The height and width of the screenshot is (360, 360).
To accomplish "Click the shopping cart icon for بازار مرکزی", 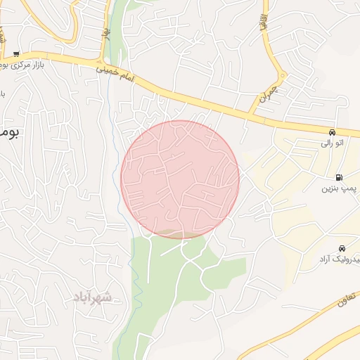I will pos(16,53).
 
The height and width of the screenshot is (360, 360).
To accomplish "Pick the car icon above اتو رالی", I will pos(331,131).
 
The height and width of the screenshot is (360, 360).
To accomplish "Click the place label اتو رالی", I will pos(331,143).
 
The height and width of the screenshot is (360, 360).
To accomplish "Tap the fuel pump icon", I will pos(340,178).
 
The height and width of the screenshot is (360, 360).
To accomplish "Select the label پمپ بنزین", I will pos(336,188).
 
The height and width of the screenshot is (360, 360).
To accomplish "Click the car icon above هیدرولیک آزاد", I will pos(342,248).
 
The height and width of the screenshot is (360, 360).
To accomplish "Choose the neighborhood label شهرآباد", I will pos(91,297).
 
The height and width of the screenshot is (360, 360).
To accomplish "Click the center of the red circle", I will pos(180,179).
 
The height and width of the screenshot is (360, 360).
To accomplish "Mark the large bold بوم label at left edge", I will pos(8,131).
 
